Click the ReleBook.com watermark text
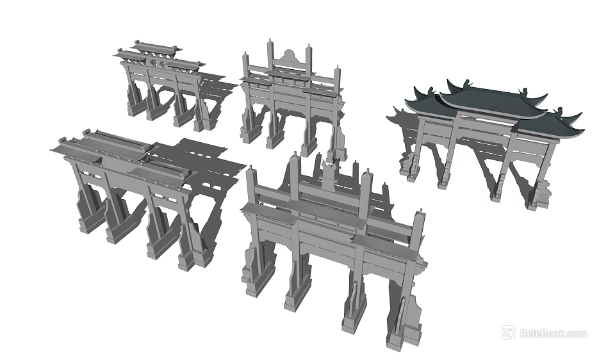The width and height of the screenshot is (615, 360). (x=553, y=333)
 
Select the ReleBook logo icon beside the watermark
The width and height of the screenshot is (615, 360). (x=508, y=332)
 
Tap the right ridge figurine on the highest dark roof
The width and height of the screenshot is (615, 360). (x=526, y=91)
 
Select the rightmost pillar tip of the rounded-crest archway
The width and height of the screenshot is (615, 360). (x=337, y=69)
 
